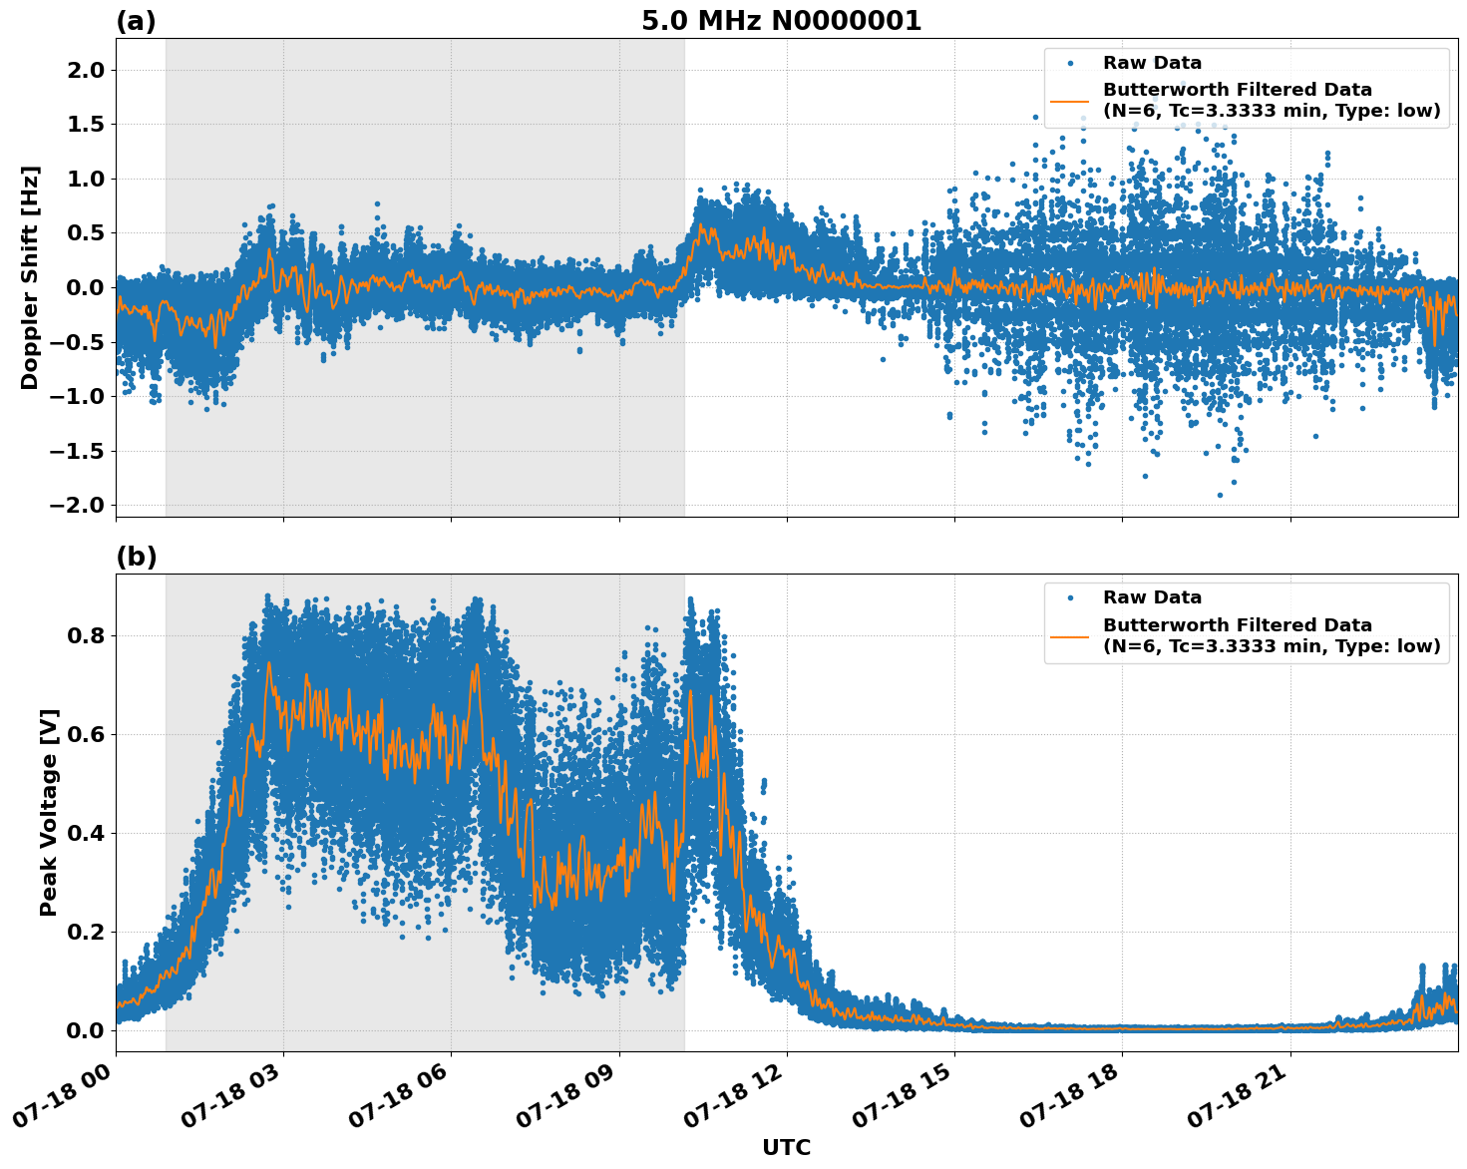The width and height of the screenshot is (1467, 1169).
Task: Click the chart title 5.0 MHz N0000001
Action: point(781,21)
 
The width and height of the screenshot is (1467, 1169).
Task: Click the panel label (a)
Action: point(136,21)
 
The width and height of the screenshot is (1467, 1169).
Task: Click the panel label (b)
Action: point(136,558)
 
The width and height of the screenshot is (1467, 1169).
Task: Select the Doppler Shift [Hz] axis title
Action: point(30,277)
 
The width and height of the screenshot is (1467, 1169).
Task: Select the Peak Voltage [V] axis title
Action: point(49,812)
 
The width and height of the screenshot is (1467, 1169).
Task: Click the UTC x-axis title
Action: point(786,1148)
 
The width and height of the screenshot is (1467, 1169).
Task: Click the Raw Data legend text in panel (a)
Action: point(1152,63)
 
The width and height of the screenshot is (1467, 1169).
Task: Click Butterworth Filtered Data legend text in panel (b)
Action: point(1237,625)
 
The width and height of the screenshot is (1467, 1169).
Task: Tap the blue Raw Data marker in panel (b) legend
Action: point(1070,597)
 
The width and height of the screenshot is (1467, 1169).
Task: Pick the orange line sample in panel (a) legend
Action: point(1070,101)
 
